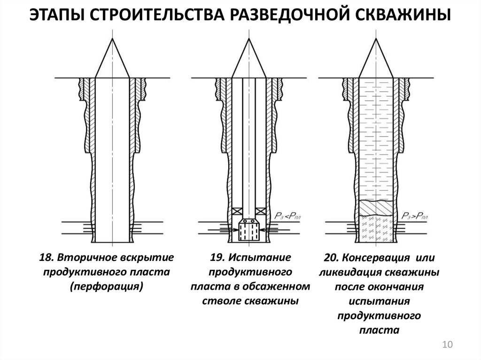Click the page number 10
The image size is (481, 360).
click(447, 345)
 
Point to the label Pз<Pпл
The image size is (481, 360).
click(287, 216)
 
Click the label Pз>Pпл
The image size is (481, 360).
click(415, 216)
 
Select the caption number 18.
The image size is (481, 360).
click(46, 257)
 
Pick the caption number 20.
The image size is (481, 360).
click(331, 258)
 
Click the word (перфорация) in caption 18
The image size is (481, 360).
click(107, 287)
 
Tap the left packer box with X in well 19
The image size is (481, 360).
click(237, 211)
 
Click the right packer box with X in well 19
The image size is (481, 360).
click(260, 211)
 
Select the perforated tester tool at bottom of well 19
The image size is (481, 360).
click(249, 230)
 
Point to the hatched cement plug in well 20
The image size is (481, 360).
click(376, 208)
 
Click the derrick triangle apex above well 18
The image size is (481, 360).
click(113, 38)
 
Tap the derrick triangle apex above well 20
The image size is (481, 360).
click(376, 38)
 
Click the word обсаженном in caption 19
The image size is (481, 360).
click(276, 286)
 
